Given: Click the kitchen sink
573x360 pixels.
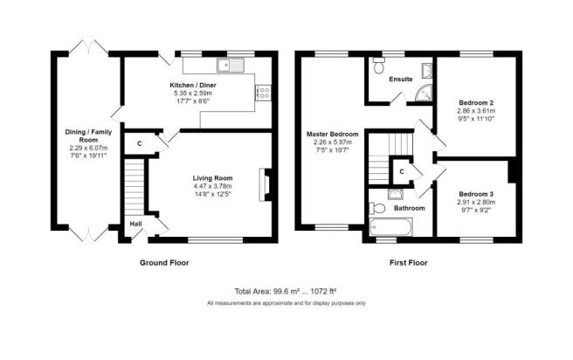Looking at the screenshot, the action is click(231, 65).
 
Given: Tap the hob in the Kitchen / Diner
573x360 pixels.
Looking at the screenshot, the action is click(264, 93).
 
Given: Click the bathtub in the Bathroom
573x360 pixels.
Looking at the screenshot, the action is click(391, 227).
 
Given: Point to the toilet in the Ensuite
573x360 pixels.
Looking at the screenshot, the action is click(378, 66).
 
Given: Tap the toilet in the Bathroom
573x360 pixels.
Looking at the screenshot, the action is click(377, 209).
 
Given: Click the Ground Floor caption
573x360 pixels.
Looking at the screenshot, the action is click(164, 263).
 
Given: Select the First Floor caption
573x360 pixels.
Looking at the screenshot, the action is click(409, 263).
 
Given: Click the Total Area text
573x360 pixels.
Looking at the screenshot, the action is click(286, 291).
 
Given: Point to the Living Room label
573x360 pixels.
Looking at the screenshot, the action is click(212, 178).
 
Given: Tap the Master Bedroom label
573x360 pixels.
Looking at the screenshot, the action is click(333, 135).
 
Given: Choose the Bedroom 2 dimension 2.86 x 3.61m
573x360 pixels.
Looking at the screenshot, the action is click(476, 111).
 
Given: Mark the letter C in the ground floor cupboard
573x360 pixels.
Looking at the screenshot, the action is click(139, 143).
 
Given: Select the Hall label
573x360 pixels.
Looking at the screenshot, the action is click(136, 224).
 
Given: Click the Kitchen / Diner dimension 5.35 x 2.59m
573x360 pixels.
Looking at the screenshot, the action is click(193, 93).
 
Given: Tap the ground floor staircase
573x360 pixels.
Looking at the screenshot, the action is click(135, 187).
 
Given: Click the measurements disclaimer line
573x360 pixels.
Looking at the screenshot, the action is click(286, 303).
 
